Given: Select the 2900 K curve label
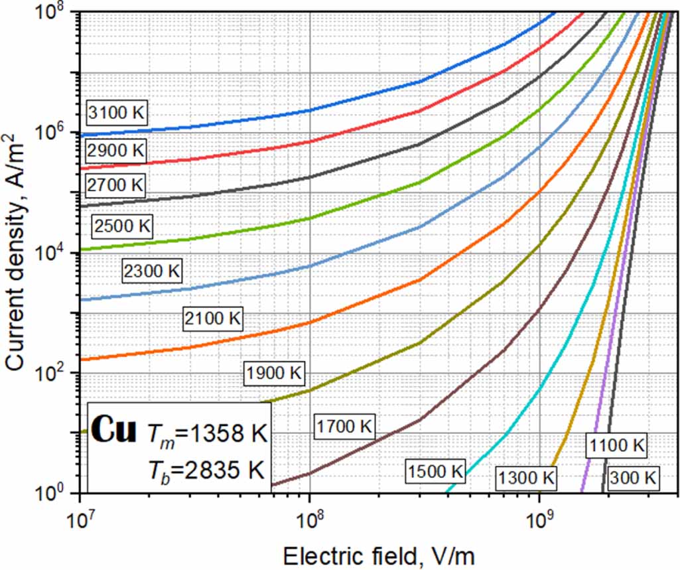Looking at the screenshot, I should [x=115, y=151].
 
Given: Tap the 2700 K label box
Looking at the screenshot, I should [x=115, y=184].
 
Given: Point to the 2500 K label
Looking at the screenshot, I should [x=123, y=226].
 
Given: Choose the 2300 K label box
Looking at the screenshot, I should [x=153, y=271].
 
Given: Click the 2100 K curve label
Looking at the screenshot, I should [x=212, y=319].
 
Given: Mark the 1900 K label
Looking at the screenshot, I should [x=274, y=373].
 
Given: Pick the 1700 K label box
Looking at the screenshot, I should [x=344, y=425].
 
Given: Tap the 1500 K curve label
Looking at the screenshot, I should [x=435, y=471].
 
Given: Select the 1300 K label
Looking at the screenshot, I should [x=525, y=476].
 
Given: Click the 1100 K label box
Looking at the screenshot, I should [x=615, y=445].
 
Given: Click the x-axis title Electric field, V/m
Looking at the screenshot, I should [x=378, y=554].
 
